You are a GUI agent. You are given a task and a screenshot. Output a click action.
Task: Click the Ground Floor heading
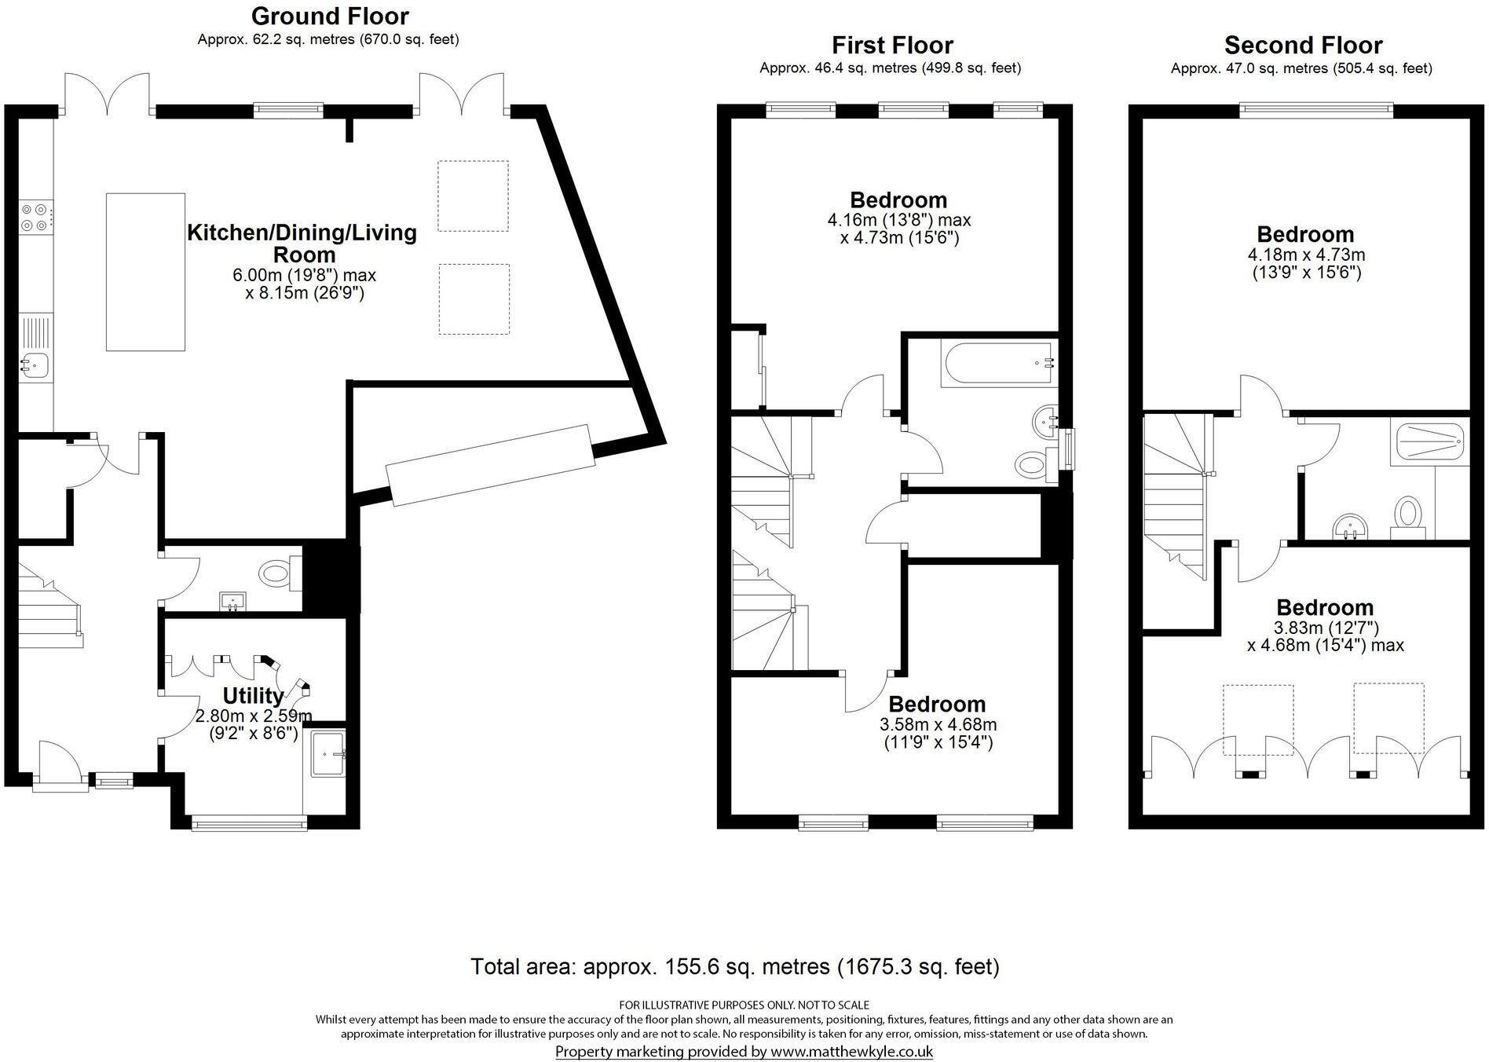pyautogui.click(x=330, y=16)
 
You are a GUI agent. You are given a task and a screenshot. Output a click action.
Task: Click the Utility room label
pyautogui.click(x=253, y=696)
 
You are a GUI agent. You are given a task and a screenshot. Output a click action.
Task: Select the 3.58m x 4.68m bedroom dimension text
pyautogui.click(x=938, y=724)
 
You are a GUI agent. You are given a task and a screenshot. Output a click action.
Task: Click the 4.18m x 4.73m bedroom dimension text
pyautogui.click(x=1306, y=255)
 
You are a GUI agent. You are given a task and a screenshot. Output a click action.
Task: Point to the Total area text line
pyautogui.click(x=734, y=966)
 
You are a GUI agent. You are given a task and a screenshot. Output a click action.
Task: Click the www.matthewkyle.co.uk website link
pyautogui.click(x=851, y=1051)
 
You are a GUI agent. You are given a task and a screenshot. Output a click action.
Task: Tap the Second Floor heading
pyautogui.click(x=1303, y=45)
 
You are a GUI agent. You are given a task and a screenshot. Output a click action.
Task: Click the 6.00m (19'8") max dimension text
pyautogui.click(x=305, y=276)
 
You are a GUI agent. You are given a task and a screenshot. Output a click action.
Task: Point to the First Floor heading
pyautogui.click(x=892, y=45)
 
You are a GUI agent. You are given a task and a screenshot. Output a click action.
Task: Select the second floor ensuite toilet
pyautogui.click(x=1408, y=515)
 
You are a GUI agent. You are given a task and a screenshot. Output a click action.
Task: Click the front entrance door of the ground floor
pyautogui.click(x=60, y=766)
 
